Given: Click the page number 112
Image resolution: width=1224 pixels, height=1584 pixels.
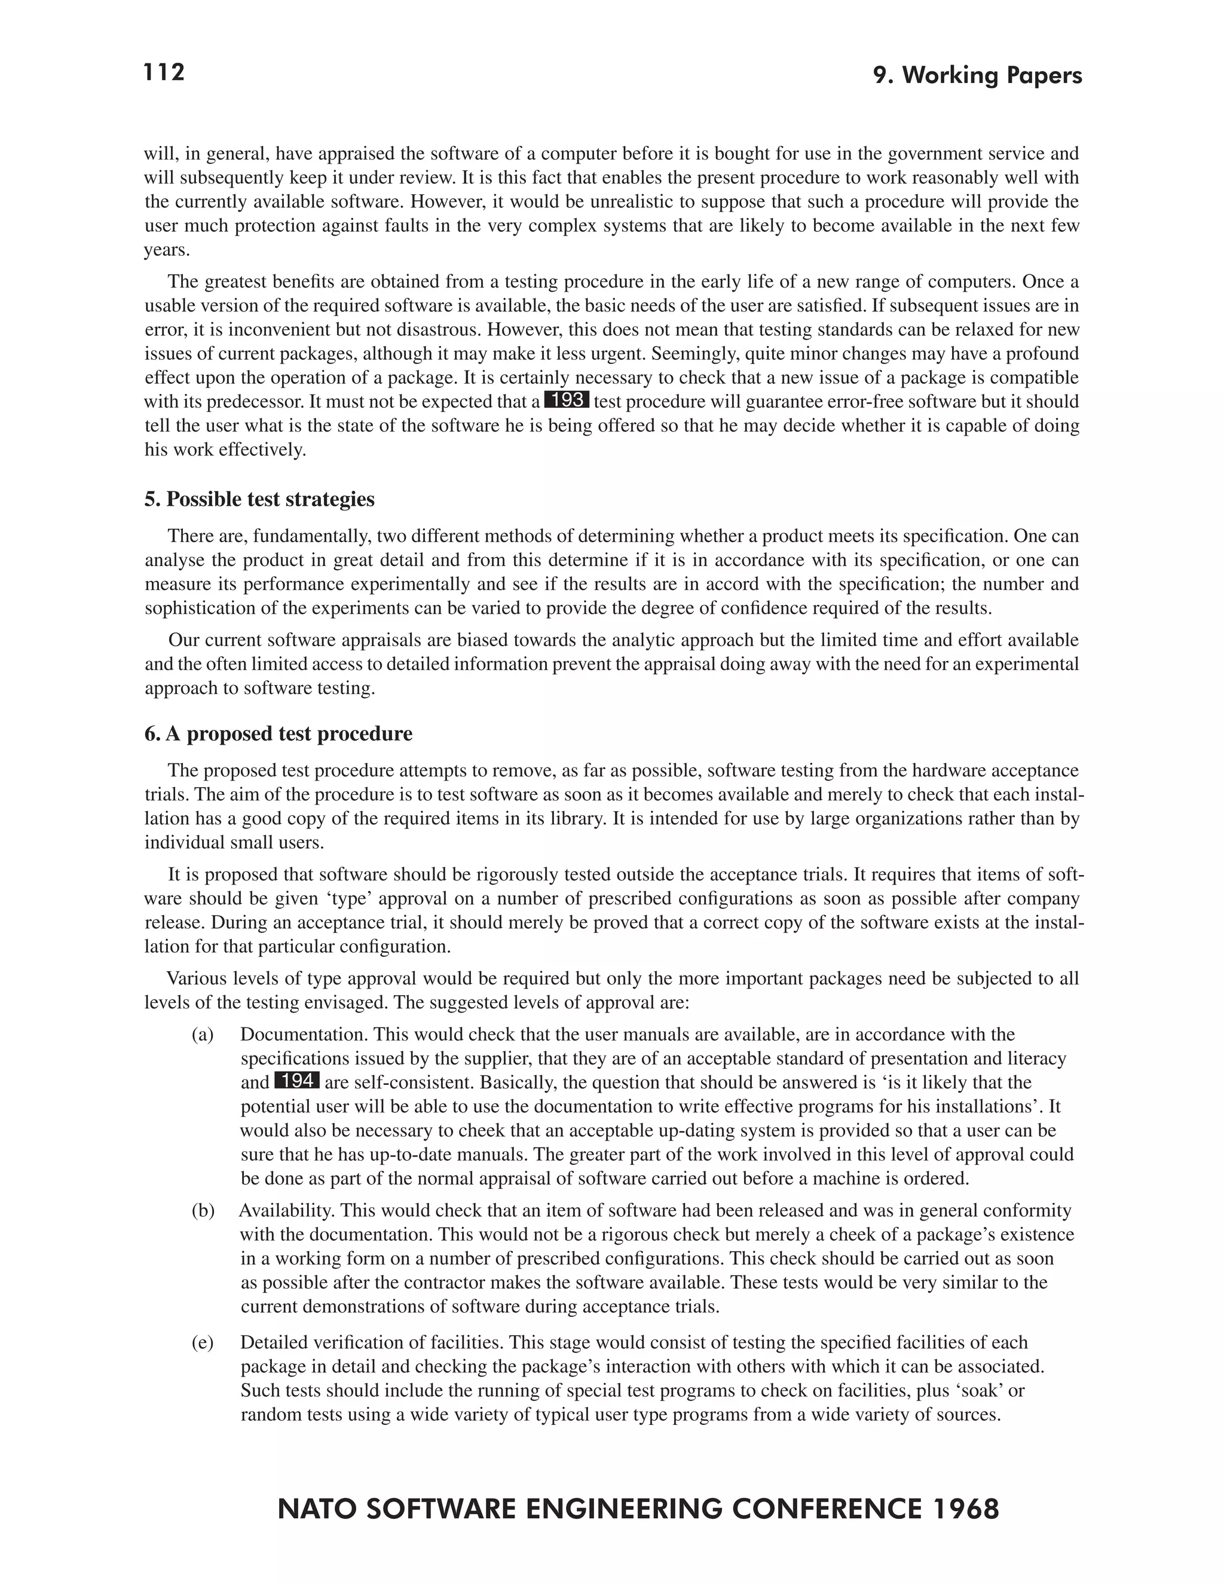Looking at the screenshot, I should pyautogui.click(x=164, y=72).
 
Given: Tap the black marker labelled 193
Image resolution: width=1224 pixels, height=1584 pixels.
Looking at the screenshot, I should pyautogui.click(x=567, y=400).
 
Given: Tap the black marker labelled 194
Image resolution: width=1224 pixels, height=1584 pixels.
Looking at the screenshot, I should pyautogui.click(x=297, y=1081).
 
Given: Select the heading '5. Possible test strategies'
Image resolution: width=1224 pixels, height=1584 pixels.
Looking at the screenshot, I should pyautogui.click(x=259, y=499).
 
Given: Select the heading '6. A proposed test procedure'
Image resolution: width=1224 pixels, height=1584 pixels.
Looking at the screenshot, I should pyautogui.click(x=279, y=733).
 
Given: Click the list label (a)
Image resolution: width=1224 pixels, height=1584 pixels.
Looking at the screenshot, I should pyautogui.click(x=203, y=1034).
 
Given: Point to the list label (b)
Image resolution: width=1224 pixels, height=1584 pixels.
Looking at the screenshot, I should pyautogui.click(x=203, y=1210).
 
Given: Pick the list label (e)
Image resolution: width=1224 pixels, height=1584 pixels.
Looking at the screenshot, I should pyautogui.click(x=203, y=1343).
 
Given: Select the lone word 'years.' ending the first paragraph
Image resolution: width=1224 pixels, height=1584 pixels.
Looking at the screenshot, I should pyautogui.click(x=167, y=250).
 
